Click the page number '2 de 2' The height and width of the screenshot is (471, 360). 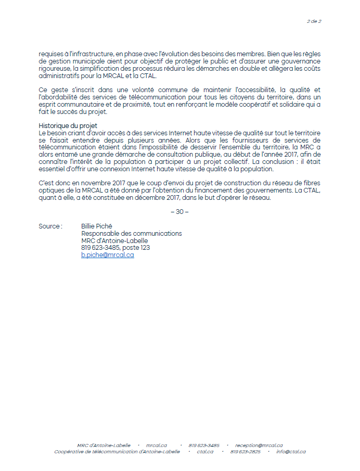(x=314, y=21)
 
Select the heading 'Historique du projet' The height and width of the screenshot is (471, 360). (x=68, y=126)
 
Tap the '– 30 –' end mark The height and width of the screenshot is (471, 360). (x=179, y=211)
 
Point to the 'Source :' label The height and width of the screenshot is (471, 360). (x=50, y=226)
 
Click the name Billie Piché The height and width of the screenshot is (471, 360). (x=97, y=226)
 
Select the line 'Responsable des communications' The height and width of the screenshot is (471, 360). (x=132, y=234)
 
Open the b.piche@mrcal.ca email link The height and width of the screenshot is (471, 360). (x=108, y=255)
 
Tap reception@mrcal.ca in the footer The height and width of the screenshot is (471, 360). (x=259, y=445)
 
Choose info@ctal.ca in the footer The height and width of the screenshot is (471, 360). (x=290, y=452)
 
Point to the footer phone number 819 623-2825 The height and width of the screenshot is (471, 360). (x=245, y=452)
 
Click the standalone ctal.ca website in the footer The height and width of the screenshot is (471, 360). (x=204, y=452)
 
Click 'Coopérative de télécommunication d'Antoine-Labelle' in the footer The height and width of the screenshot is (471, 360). (x=117, y=452)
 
